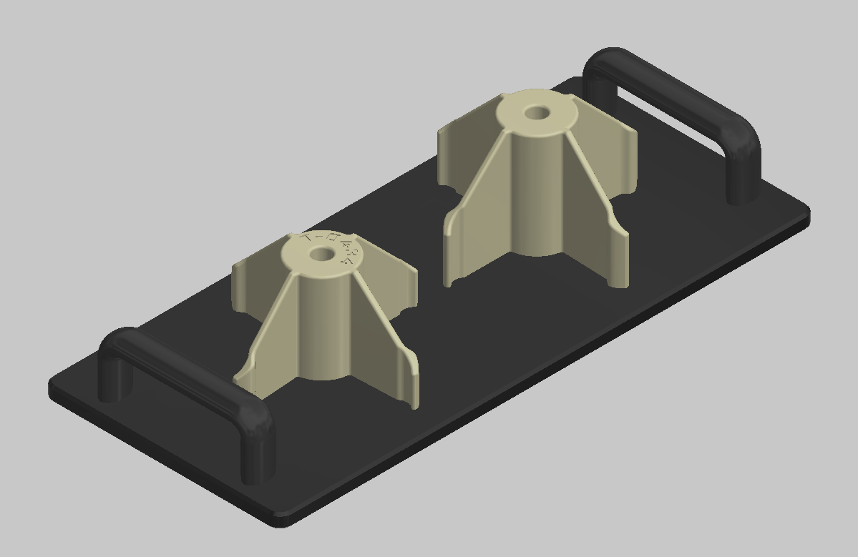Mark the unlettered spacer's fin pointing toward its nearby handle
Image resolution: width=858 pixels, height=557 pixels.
click(608, 150)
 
